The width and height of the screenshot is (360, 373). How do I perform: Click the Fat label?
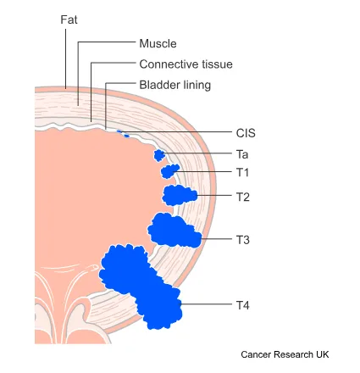click(x=69, y=19)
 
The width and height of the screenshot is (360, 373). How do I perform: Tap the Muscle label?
click(x=158, y=43)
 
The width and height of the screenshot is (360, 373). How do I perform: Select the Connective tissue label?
click(x=186, y=64)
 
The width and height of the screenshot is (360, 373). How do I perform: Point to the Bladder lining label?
click(x=174, y=85)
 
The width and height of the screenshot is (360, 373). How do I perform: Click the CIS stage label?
click(x=246, y=133)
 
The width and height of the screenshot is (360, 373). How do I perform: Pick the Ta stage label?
click(x=242, y=154)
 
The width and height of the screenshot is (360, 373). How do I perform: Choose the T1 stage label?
click(x=242, y=172)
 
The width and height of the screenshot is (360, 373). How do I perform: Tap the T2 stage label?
click(x=243, y=197)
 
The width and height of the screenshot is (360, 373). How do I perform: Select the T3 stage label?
click(x=243, y=240)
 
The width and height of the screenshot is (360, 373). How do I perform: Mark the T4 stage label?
click(x=243, y=303)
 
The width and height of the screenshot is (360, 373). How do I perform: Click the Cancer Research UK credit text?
click(x=285, y=354)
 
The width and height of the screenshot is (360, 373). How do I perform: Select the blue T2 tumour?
click(x=179, y=196)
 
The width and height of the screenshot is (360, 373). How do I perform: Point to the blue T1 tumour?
click(x=170, y=172)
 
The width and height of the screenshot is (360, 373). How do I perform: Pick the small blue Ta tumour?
click(x=159, y=155)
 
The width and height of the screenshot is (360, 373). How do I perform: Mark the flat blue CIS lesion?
click(x=125, y=133)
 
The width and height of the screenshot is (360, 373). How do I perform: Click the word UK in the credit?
click(x=322, y=354)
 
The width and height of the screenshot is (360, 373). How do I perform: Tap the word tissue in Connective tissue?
click(x=216, y=64)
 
